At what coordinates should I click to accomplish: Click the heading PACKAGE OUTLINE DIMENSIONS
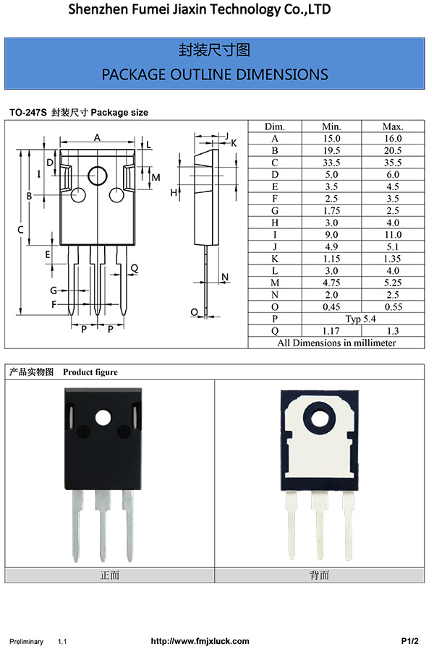[x=215, y=74]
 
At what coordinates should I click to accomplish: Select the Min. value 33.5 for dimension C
[x=331, y=162]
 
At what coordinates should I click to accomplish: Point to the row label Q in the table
[x=275, y=330]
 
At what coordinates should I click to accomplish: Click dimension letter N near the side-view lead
[x=225, y=278]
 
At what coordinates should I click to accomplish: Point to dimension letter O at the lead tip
[x=194, y=311]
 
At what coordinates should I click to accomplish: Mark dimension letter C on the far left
[x=20, y=230]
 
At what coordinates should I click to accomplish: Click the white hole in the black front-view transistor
[x=103, y=417]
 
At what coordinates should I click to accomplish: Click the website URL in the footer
[x=200, y=641]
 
